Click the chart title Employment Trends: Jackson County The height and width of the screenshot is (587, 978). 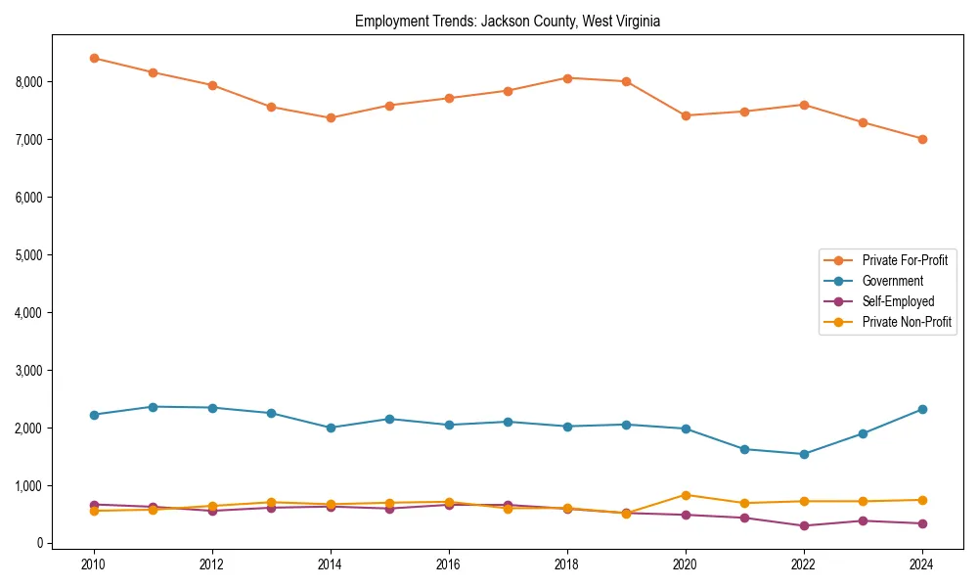[x=508, y=22]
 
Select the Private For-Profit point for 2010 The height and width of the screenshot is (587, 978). [x=94, y=58]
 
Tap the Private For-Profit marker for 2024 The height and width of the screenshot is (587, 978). [x=922, y=139]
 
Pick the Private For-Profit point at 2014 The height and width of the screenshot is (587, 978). [x=331, y=117]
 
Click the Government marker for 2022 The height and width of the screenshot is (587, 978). [x=804, y=454]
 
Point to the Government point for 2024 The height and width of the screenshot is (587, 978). [x=922, y=409]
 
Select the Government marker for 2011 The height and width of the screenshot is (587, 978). [x=153, y=407]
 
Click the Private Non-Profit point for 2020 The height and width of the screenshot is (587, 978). [x=686, y=495]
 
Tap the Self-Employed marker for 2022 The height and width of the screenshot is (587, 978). [x=804, y=525]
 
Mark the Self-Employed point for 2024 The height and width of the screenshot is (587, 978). [x=922, y=523]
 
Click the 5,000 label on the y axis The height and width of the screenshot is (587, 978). [x=31, y=254]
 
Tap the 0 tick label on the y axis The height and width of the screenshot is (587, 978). [x=38, y=543]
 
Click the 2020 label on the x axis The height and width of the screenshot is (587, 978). [x=686, y=564]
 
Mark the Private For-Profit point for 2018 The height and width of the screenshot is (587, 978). [x=567, y=77]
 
